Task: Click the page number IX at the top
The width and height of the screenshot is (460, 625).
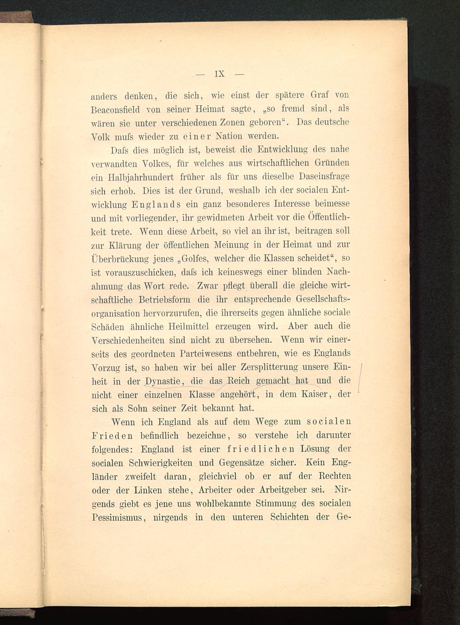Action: [219, 74]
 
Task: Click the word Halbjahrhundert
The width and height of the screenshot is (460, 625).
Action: [144, 176]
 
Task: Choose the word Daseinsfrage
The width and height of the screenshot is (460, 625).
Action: [324, 176]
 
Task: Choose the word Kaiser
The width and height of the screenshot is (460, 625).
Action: [313, 394]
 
